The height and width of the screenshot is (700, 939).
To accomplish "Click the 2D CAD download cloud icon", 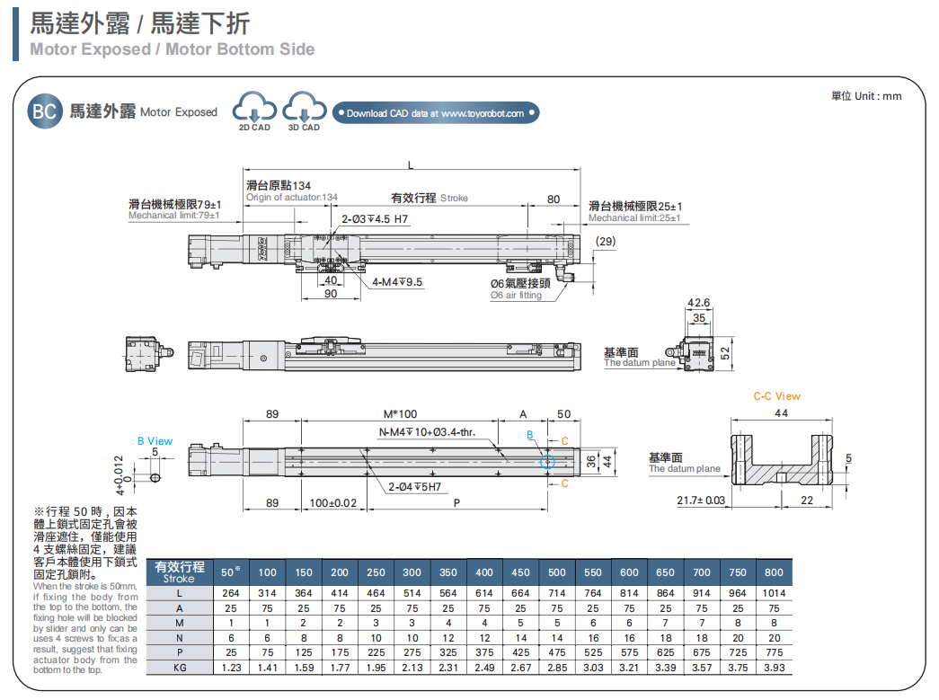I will pyautogui.click(x=254, y=111).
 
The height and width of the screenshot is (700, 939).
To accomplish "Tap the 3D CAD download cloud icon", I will pyautogui.click(x=304, y=111).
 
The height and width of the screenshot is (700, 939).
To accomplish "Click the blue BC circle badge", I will pyautogui.click(x=45, y=112).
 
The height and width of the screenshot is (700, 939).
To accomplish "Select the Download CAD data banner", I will pyautogui.click(x=435, y=113).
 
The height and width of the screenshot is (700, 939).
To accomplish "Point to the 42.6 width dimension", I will pyautogui.click(x=698, y=302).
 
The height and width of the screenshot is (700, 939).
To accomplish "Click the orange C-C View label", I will pyautogui.click(x=776, y=395).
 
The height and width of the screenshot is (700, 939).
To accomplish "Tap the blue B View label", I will pyautogui.click(x=155, y=441).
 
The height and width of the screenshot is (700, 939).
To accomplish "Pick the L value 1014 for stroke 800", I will pyautogui.click(x=773, y=593).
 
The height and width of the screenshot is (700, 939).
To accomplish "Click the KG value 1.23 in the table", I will pyautogui.click(x=231, y=668).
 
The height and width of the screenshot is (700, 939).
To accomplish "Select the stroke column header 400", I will pyautogui.click(x=484, y=572).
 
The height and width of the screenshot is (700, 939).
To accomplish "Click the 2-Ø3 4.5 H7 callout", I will pyautogui.click(x=375, y=218).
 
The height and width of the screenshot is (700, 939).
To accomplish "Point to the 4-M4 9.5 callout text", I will pyautogui.click(x=397, y=281).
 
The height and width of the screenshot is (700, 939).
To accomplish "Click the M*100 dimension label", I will pyautogui.click(x=401, y=414).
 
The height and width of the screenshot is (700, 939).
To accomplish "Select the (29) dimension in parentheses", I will pyautogui.click(x=606, y=241).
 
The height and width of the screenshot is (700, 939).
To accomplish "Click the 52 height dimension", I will pyautogui.click(x=725, y=351).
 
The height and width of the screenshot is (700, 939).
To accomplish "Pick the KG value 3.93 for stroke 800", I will pyautogui.click(x=773, y=668).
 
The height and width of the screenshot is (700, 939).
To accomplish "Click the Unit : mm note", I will pyautogui.click(x=866, y=96).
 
